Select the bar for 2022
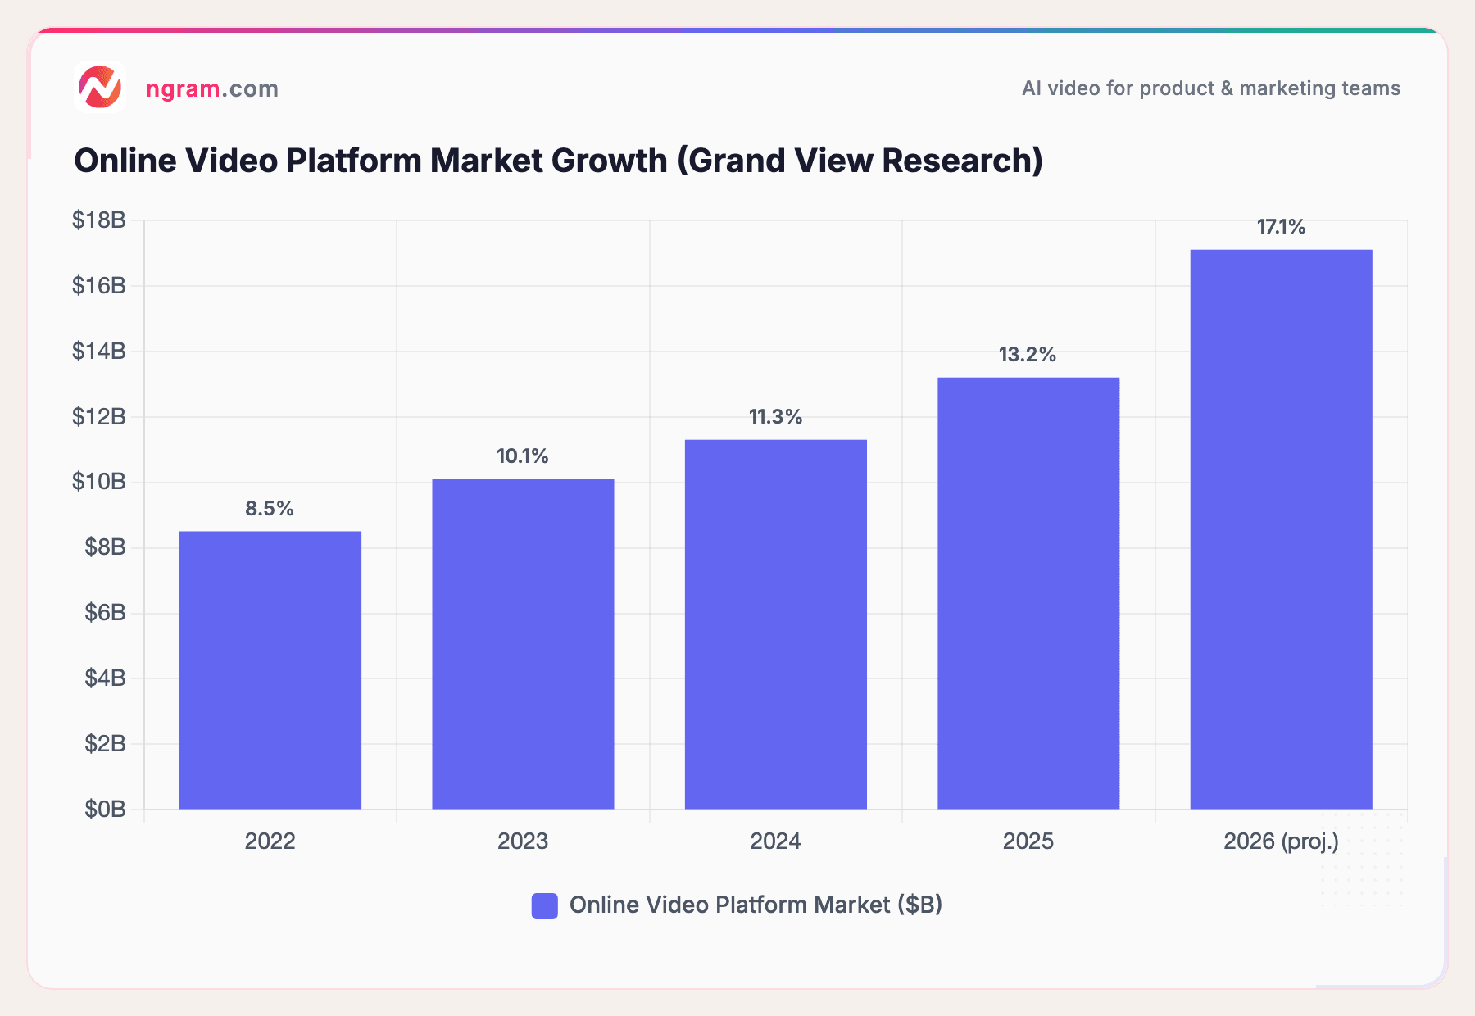(270, 670)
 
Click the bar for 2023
(523, 644)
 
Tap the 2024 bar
(775, 624)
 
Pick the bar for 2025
(1028, 593)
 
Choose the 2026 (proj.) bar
(1281, 529)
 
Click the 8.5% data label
(270, 508)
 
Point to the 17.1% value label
(1281, 227)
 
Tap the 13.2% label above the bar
(1028, 355)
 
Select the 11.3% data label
(775, 417)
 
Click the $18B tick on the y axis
(99, 220)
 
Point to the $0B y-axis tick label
(105, 810)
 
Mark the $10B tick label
(99, 482)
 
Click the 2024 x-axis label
(775, 841)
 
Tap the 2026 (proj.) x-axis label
(1281, 841)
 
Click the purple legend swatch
(545, 905)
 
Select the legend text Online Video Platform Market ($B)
(756, 905)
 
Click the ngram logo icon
(100, 87)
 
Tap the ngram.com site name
(212, 88)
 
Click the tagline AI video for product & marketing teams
(1210, 88)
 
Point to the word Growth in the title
(609, 161)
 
